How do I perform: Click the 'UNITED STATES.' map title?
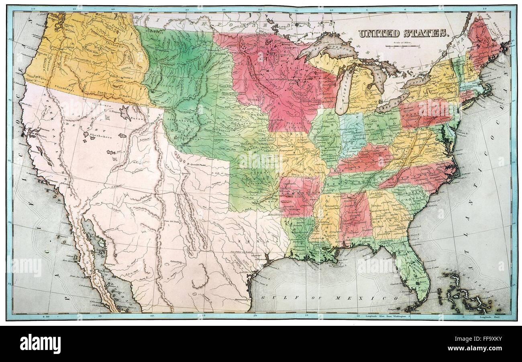tap(403, 33)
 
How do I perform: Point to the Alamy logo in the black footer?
tap(40, 344)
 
